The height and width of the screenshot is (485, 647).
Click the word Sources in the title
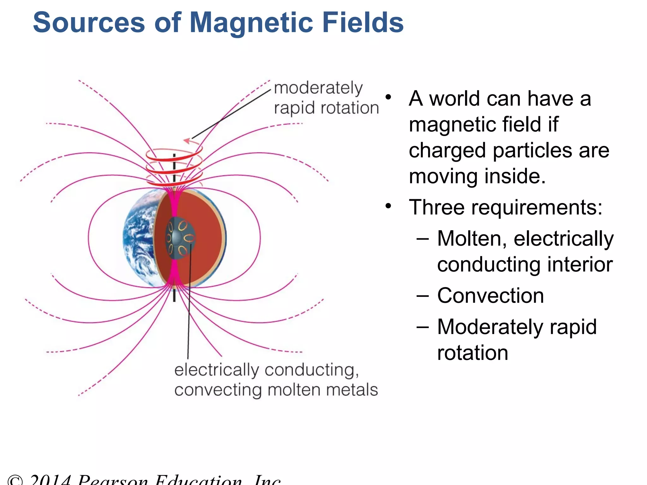pyautogui.click(x=89, y=23)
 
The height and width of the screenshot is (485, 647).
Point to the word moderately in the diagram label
pyautogui.click(x=318, y=88)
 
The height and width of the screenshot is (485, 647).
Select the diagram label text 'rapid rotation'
pyautogui.click(x=326, y=108)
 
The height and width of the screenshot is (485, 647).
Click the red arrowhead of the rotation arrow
pyautogui.click(x=187, y=141)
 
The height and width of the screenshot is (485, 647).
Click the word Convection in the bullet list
pyautogui.click(x=490, y=296)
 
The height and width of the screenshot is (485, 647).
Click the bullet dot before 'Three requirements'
pyautogui.click(x=388, y=207)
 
